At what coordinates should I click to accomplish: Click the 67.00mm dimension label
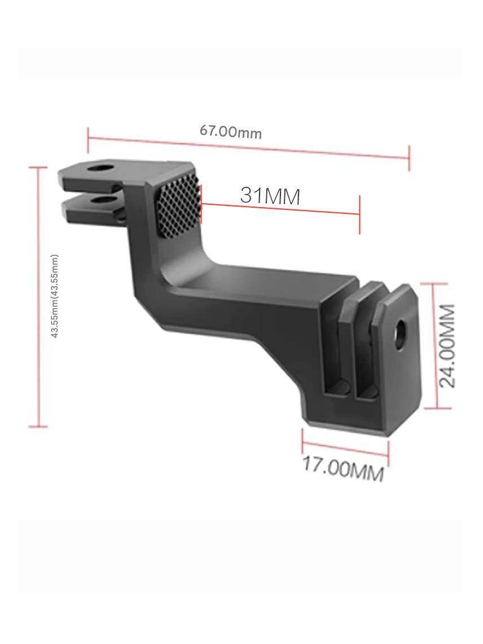[x=230, y=132]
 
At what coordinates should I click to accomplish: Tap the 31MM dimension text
[x=270, y=196]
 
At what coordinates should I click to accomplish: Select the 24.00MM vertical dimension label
[x=447, y=346]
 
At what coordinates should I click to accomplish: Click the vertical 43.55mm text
[x=55, y=296]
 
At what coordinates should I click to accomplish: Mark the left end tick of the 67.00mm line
[x=88, y=139]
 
